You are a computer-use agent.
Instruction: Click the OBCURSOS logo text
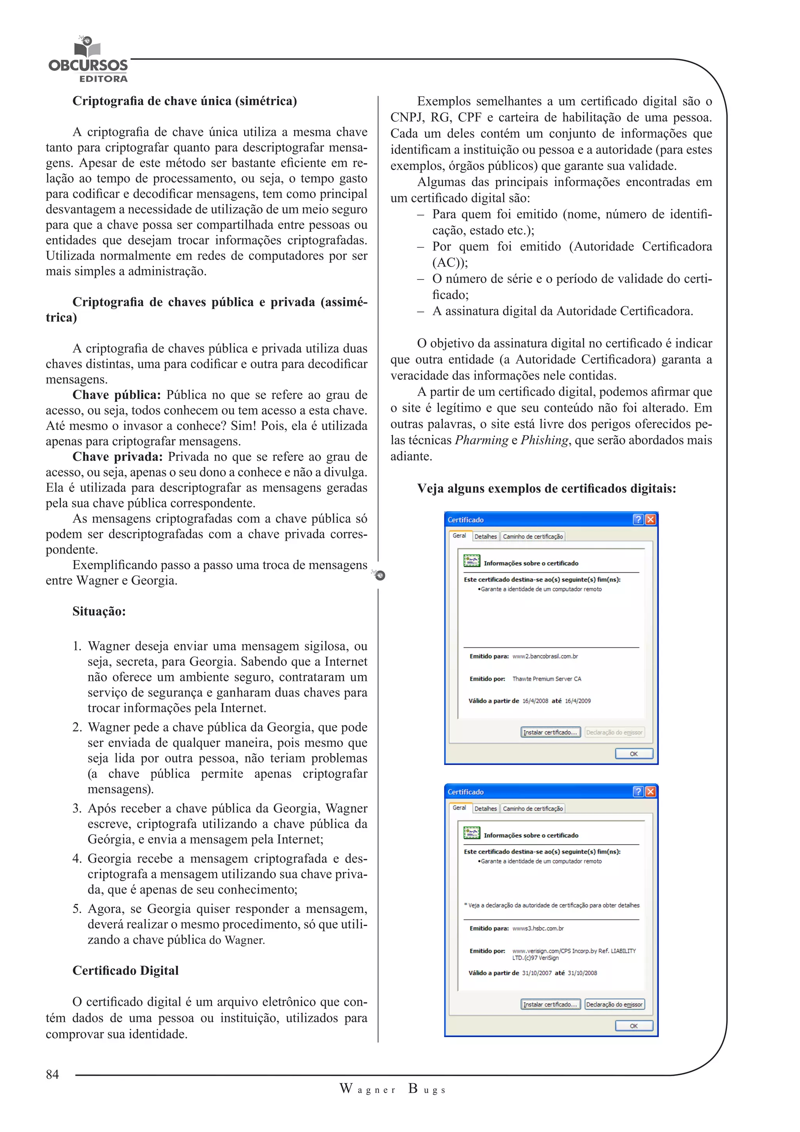click(87, 65)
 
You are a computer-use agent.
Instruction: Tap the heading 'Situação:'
click(99, 611)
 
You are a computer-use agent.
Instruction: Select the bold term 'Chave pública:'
click(117, 395)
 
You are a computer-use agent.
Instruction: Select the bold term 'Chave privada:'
click(117, 457)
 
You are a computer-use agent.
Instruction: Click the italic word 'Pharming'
click(481, 440)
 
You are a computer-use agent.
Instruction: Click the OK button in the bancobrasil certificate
click(634, 753)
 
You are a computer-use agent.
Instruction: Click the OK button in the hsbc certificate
click(634, 1026)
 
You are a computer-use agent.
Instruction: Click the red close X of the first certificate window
click(650, 519)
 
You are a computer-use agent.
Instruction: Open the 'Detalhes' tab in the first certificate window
click(485, 536)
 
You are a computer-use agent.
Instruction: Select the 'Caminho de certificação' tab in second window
click(532, 809)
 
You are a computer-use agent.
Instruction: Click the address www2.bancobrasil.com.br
click(545, 656)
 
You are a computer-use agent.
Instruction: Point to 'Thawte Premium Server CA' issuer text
click(546, 679)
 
